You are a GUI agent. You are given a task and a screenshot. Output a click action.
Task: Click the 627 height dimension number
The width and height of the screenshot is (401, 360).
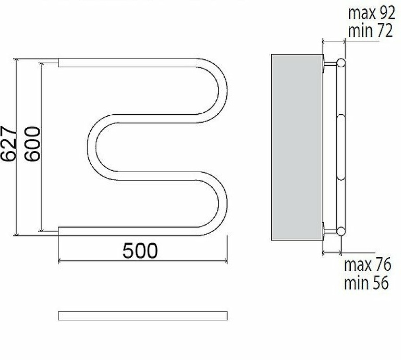pyautogui.click(x=8, y=143)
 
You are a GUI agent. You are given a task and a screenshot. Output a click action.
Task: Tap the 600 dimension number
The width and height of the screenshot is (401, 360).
pyautogui.click(x=32, y=144)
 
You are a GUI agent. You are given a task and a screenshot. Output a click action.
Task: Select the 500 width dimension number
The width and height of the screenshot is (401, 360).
pyautogui.click(x=140, y=251)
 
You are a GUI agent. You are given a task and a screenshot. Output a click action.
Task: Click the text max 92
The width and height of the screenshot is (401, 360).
pyautogui.click(x=372, y=13)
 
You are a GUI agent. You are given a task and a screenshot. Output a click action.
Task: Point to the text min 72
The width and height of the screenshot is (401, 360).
pyautogui.click(x=370, y=30)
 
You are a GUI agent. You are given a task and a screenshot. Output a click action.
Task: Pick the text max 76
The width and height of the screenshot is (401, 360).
pyautogui.click(x=368, y=265)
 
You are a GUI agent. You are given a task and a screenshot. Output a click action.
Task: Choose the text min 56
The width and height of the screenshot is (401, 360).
pyautogui.click(x=366, y=282)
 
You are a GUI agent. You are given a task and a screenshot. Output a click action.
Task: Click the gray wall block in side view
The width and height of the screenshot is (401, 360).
pyautogui.click(x=297, y=147)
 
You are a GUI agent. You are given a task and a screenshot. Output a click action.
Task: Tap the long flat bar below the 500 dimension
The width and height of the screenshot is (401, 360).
pyautogui.click(x=143, y=316)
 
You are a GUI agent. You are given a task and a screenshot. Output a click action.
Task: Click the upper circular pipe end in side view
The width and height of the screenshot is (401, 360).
pyautogui.click(x=341, y=63)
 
